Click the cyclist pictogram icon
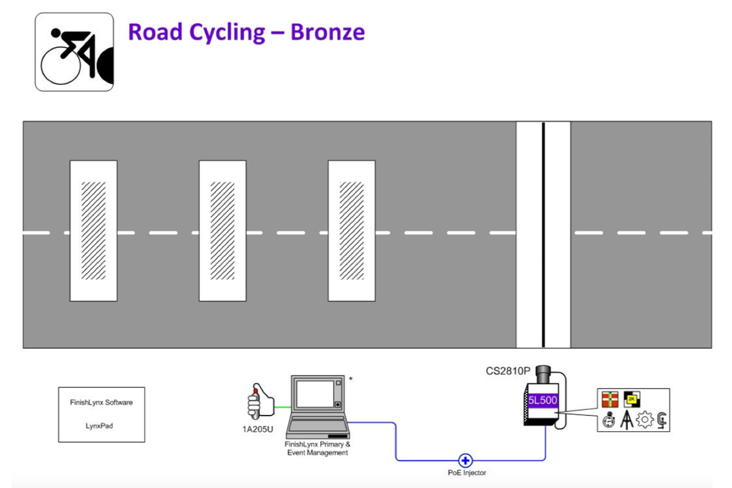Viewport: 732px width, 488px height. click(x=74, y=52)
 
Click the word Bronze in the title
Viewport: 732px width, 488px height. click(x=328, y=31)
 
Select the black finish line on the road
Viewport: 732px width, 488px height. click(x=543, y=235)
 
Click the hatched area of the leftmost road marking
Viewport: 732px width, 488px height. click(x=93, y=231)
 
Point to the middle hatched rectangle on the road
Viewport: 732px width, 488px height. click(x=223, y=231)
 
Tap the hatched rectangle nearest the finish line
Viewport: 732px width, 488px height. click(x=351, y=231)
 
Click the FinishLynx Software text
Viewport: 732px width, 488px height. click(x=101, y=403)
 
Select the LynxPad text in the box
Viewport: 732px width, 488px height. click(x=101, y=426)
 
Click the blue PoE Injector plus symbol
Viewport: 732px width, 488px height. click(x=465, y=460)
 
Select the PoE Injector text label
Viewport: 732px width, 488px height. click(x=467, y=473)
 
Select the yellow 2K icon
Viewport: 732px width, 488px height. click(x=631, y=400)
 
